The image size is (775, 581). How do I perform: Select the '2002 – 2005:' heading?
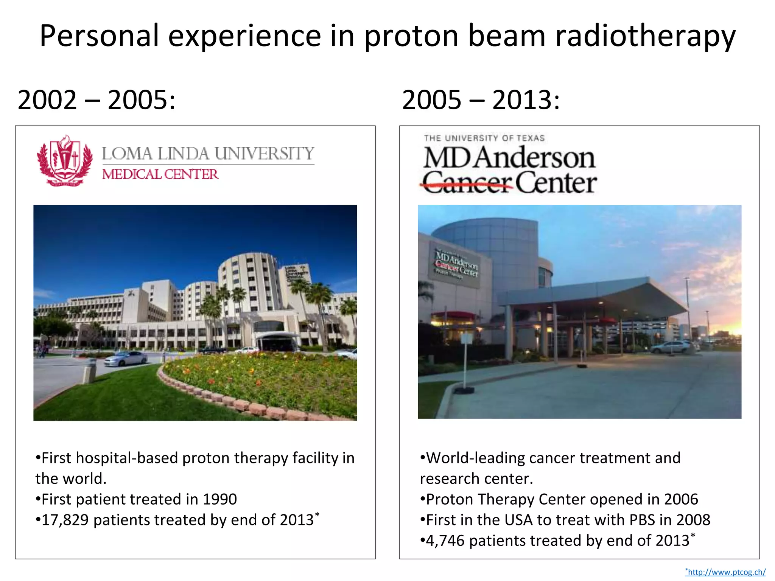(x=96, y=100)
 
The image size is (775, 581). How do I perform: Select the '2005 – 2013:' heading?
(x=481, y=100)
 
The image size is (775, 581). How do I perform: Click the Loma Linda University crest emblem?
(x=65, y=161)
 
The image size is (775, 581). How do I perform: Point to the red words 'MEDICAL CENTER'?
(x=160, y=174)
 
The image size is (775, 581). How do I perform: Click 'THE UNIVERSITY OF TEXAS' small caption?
(x=484, y=138)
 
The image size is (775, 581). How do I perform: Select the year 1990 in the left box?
(x=219, y=500)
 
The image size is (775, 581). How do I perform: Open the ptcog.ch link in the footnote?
(x=726, y=572)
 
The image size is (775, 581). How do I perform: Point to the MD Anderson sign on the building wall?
(x=456, y=265)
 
